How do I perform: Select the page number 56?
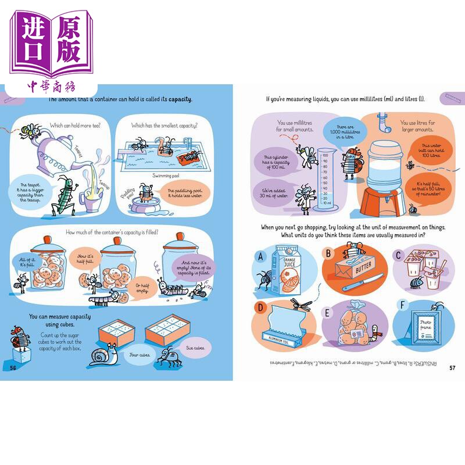tap(13, 367)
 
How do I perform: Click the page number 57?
tap(452, 367)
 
